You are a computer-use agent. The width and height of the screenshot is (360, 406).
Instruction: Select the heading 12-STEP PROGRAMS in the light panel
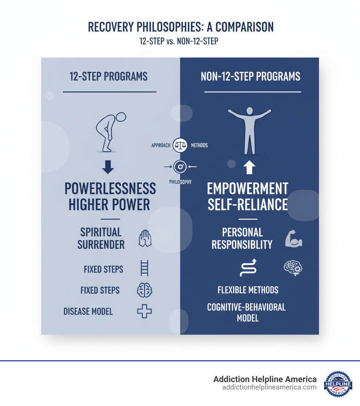(x=109, y=76)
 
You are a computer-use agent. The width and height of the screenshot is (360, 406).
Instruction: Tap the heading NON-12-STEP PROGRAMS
(x=251, y=76)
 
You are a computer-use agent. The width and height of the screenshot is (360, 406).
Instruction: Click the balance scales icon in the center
(x=180, y=145)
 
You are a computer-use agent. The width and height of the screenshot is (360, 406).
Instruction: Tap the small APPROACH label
(x=161, y=145)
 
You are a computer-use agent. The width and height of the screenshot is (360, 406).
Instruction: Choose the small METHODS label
(x=199, y=145)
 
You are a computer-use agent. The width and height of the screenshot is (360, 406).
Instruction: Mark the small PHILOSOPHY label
(x=180, y=182)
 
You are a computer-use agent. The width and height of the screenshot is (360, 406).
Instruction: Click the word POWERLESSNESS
(x=110, y=189)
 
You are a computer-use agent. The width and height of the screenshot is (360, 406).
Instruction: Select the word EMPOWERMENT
(x=247, y=189)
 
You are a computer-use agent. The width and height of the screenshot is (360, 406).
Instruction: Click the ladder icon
(x=144, y=269)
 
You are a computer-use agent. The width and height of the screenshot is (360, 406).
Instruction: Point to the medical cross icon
(x=144, y=311)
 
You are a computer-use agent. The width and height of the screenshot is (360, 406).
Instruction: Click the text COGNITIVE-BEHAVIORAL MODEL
(x=246, y=312)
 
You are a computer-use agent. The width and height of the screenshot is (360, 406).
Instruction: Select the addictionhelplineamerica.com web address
(x=269, y=387)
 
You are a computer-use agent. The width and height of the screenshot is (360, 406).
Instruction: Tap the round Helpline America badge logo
(x=338, y=383)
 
